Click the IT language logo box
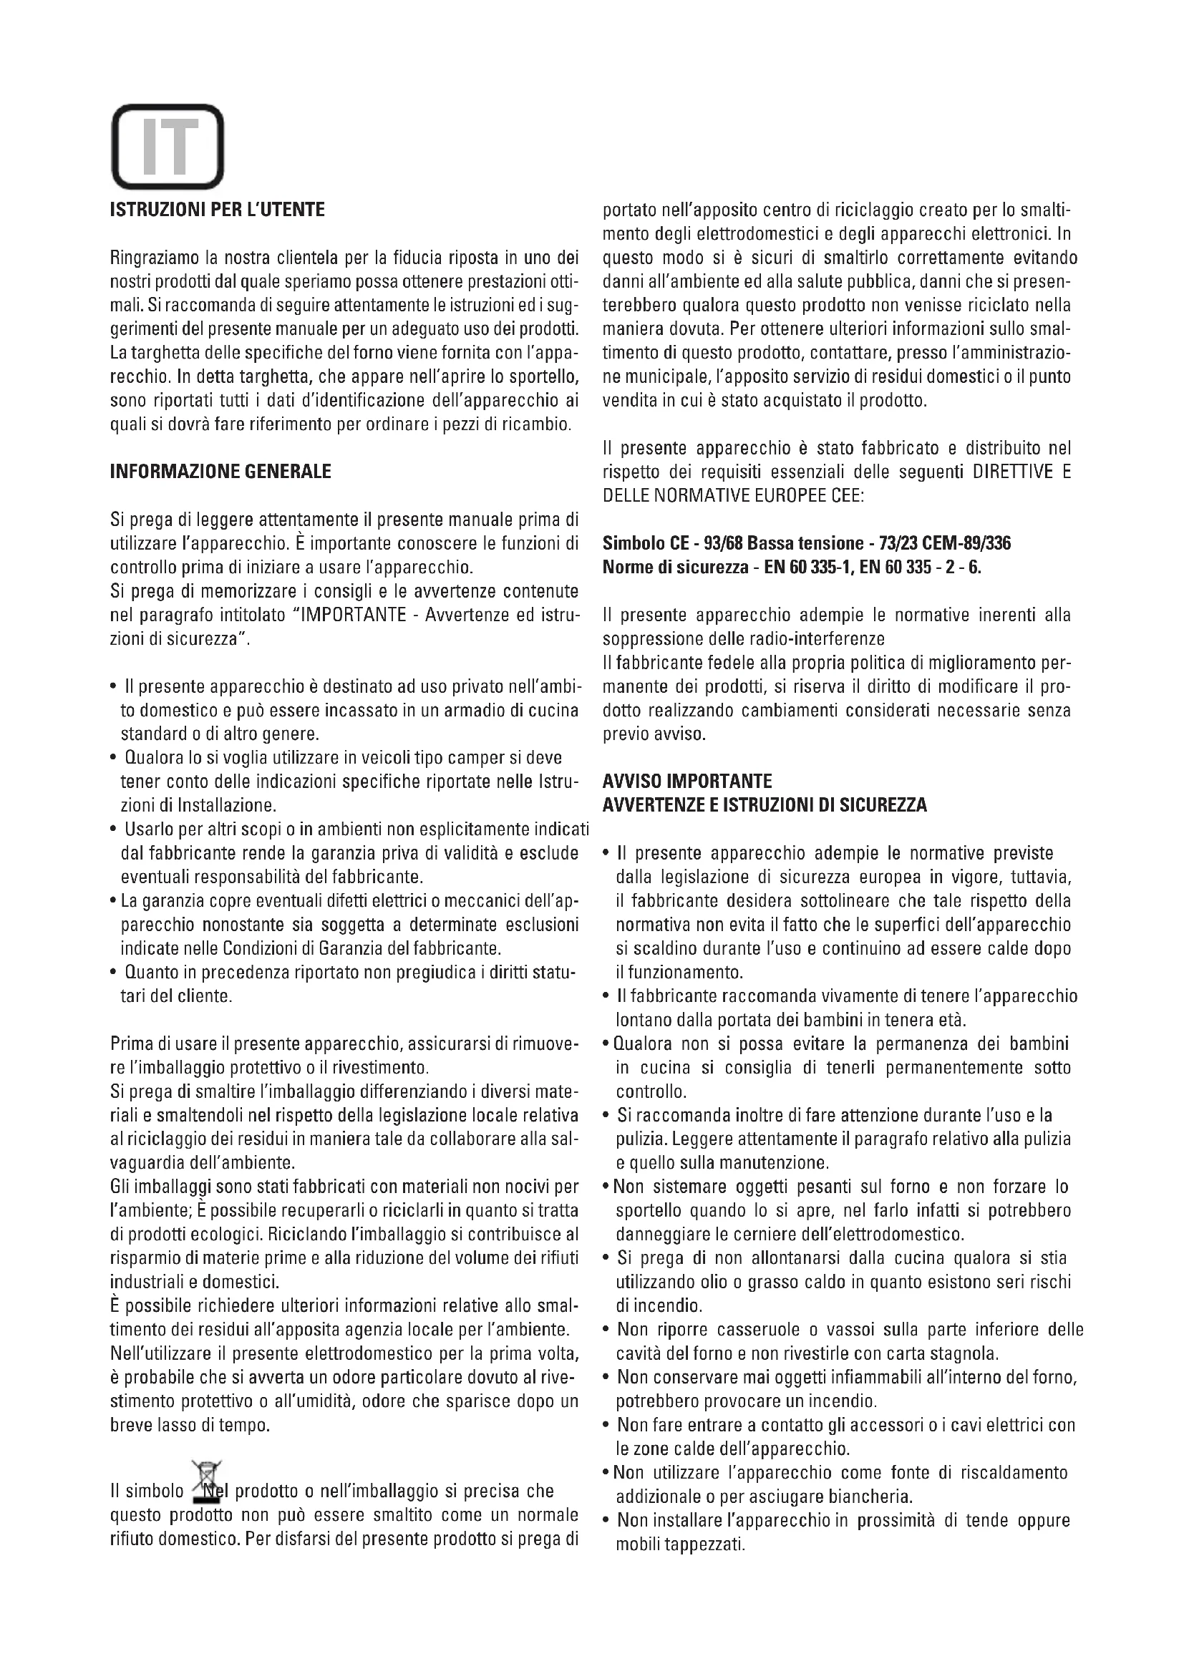167,147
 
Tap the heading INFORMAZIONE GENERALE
220,472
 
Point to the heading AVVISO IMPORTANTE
686,782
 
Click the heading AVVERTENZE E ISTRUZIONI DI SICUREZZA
765,806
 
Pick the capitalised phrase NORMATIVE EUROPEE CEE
762,496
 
